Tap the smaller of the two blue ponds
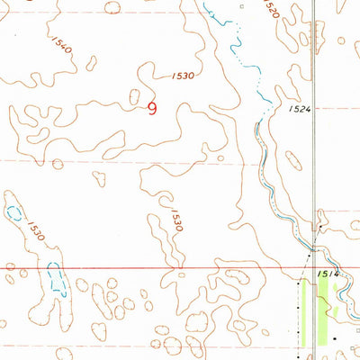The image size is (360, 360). pyautogui.click(x=13, y=212)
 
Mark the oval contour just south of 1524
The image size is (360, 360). pyautogui.click(x=292, y=162)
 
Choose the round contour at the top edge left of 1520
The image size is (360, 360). pyautogui.click(x=112, y=7)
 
